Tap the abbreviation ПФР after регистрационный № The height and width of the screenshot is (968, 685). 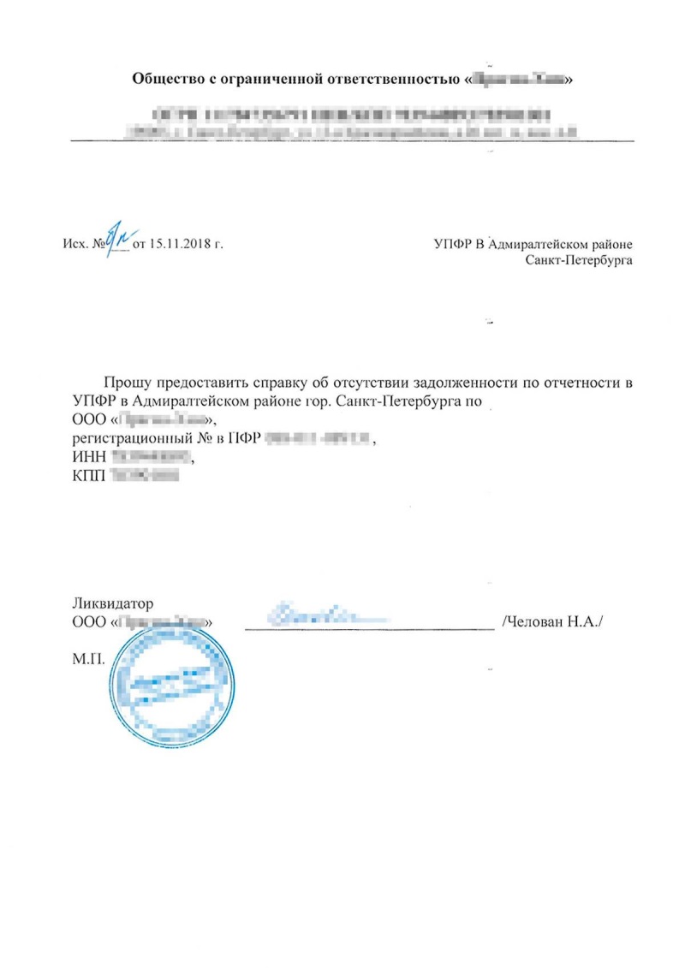(x=244, y=439)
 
